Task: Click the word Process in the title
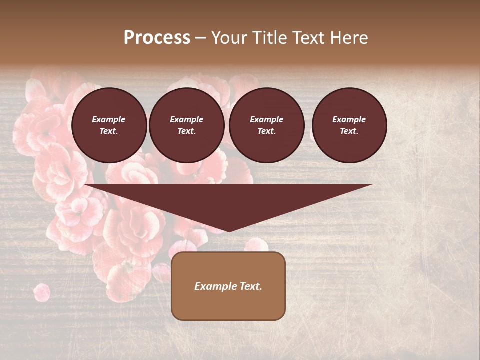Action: click(x=157, y=38)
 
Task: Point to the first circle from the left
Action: click(x=109, y=125)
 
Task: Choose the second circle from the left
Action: click(x=187, y=125)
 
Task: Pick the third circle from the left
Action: click(x=267, y=125)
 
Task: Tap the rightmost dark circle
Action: click(x=349, y=125)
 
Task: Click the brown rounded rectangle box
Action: click(x=228, y=286)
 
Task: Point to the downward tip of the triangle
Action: click(x=229, y=230)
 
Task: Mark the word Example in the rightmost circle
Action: click(x=349, y=119)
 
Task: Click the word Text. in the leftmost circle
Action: click(x=109, y=131)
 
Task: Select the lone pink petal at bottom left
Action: click(x=41, y=292)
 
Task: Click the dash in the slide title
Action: click(x=200, y=38)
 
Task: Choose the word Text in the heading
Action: click(x=309, y=38)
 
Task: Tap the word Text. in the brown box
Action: click(x=250, y=286)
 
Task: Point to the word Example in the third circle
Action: click(x=267, y=119)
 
